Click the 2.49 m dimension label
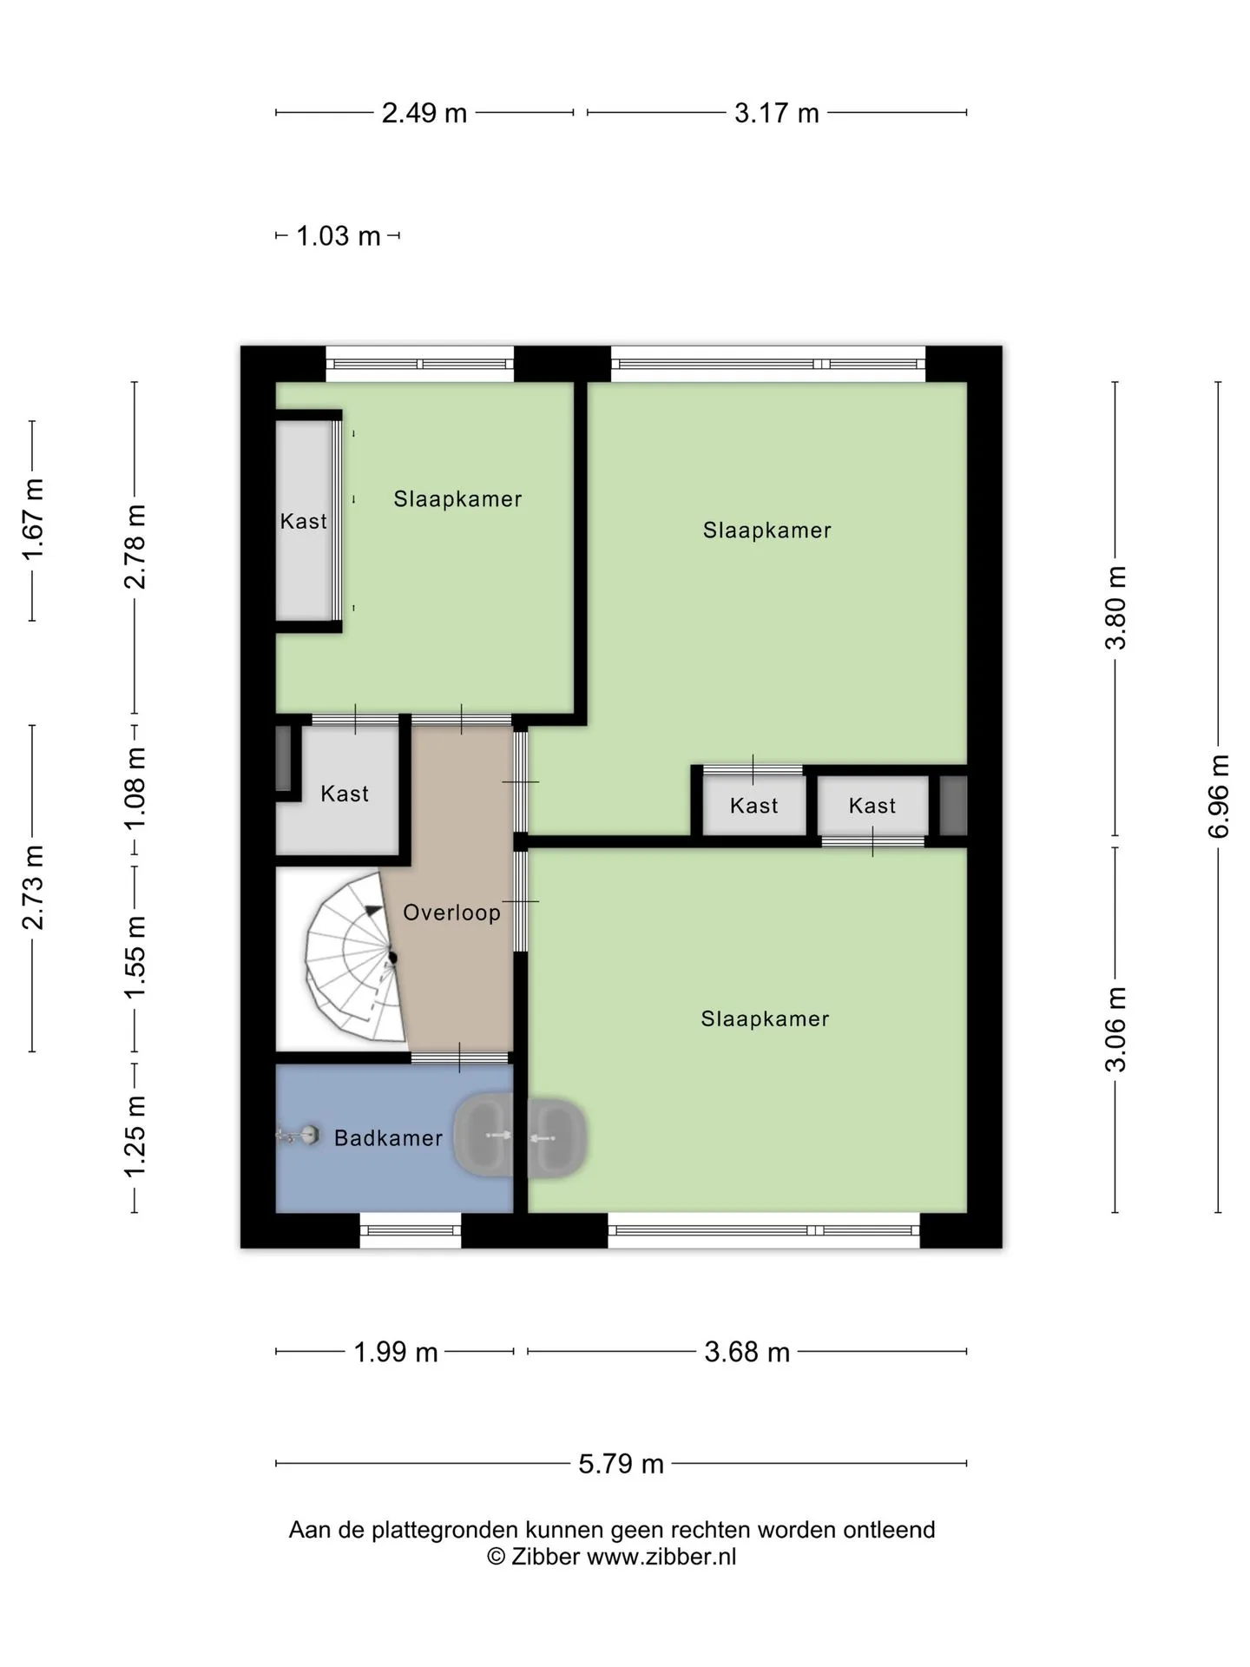(x=424, y=113)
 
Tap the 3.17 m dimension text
(x=777, y=113)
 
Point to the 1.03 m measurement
(x=339, y=236)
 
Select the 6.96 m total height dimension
(x=1219, y=796)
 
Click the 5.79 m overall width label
(x=622, y=1463)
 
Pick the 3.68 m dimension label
(x=747, y=1352)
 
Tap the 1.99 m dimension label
(x=396, y=1352)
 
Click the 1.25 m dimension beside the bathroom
(x=135, y=1137)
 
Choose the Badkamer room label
(x=388, y=1138)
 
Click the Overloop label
(x=452, y=913)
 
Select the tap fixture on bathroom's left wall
(x=298, y=1136)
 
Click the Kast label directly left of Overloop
(x=345, y=794)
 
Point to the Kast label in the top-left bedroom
(x=304, y=521)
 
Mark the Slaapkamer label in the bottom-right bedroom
(x=766, y=1018)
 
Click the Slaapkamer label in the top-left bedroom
(x=457, y=499)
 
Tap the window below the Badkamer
(x=411, y=1230)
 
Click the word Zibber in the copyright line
(x=545, y=1557)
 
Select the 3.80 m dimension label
(x=1116, y=608)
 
